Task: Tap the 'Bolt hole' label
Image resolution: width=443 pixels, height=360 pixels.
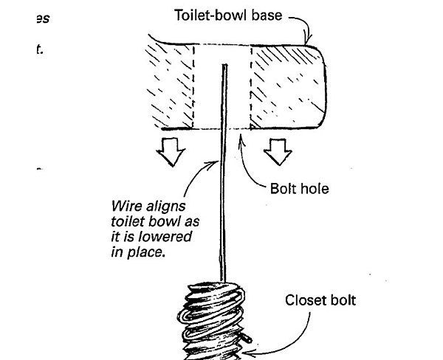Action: tap(299, 189)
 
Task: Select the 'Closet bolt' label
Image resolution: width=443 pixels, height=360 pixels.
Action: tap(319, 301)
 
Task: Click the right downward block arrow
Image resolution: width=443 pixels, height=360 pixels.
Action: tap(277, 153)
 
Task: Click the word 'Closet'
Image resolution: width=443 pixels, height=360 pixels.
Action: tap(303, 301)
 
